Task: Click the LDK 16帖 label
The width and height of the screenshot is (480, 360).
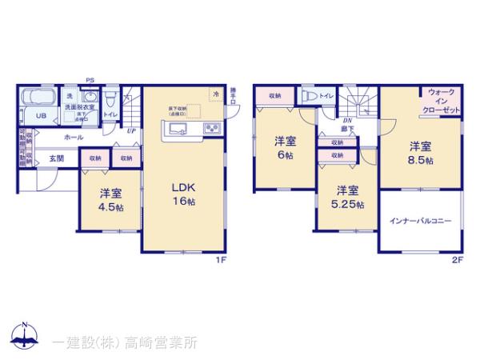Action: pyautogui.click(x=184, y=194)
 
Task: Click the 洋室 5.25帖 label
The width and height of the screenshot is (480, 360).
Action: pyautogui.click(x=347, y=197)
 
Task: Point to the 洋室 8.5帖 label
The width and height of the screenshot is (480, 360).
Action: pyautogui.click(x=421, y=153)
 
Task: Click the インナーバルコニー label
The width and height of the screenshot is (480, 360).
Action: pyautogui.click(x=421, y=221)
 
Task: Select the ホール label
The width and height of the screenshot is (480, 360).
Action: pyautogui.click(x=74, y=138)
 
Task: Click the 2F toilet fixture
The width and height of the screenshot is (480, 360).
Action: pyautogui.click(x=308, y=95)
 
